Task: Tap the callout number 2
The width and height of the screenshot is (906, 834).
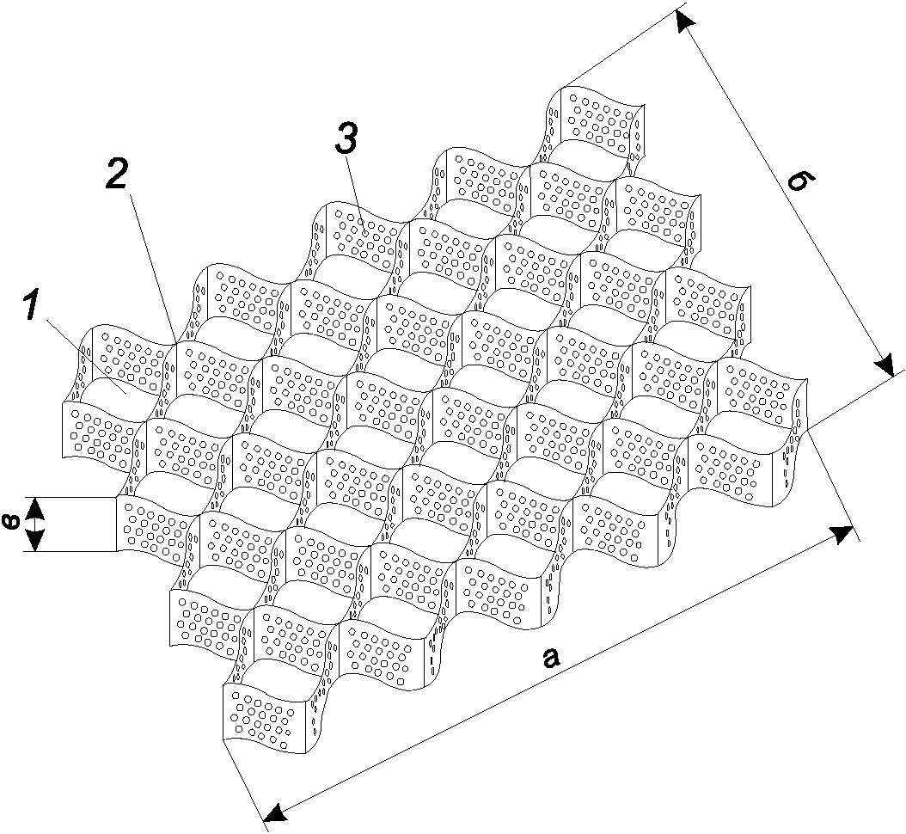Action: coord(116,171)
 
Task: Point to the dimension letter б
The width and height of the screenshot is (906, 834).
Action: coord(803,183)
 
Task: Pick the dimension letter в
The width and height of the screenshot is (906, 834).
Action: coord(12,522)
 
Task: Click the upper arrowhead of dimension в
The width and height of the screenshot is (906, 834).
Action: coord(36,507)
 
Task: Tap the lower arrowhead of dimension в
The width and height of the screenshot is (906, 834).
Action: coord(36,541)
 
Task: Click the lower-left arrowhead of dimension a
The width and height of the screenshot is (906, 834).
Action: coord(274,812)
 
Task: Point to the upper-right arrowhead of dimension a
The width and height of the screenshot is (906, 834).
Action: coord(842,534)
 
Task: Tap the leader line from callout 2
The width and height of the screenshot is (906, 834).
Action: coord(153,270)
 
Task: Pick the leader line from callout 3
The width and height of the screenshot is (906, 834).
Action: coord(355,194)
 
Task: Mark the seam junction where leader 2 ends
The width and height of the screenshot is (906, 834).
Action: coord(176,345)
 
